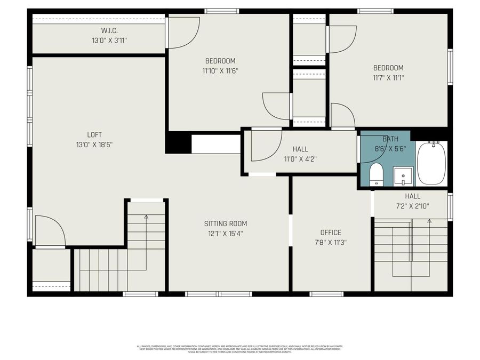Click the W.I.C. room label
[x=109, y=30]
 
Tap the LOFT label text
[x=94, y=135]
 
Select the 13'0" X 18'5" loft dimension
[x=94, y=145]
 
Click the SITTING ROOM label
[x=226, y=223]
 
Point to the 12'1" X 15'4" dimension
[x=226, y=233]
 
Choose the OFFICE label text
[x=331, y=233]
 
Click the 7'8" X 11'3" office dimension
[x=331, y=242]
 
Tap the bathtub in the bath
[x=431, y=163]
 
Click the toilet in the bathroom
[x=376, y=174]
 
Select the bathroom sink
[x=403, y=175]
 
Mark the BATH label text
[x=390, y=139]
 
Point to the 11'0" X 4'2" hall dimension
[x=300, y=158]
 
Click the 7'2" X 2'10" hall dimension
[x=412, y=206]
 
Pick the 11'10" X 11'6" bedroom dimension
[x=220, y=70]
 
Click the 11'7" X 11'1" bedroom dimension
[x=388, y=77]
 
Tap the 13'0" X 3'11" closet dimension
[x=109, y=40]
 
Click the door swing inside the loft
[x=49, y=231]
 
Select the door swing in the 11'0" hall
[x=265, y=145]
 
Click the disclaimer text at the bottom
[x=240, y=349]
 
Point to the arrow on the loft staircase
[x=146, y=217]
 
